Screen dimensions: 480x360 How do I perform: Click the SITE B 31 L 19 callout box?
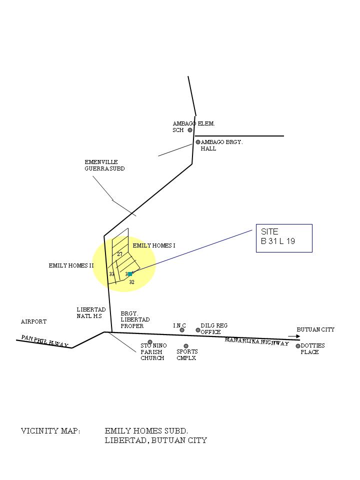click(284, 238)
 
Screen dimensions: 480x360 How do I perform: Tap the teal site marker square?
click(130, 274)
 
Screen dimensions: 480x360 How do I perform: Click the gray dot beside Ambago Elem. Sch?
click(190, 130)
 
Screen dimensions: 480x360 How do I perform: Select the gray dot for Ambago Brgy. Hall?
click(198, 142)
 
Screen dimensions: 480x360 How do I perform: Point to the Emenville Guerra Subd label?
click(104, 165)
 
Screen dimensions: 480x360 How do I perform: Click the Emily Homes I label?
click(154, 245)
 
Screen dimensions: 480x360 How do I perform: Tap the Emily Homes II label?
click(71, 265)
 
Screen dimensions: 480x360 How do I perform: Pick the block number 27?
click(120, 254)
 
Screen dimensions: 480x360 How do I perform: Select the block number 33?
click(112, 274)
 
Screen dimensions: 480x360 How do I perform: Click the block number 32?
click(132, 282)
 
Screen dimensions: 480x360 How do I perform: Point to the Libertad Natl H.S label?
click(91, 313)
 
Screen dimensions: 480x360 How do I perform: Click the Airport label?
click(33, 321)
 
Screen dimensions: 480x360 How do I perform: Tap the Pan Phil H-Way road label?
click(44, 341)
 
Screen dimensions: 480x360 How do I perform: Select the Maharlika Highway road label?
click(256, 342)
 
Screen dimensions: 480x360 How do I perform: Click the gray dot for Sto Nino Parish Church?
click(150, 342)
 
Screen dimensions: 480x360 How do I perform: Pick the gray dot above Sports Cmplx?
click(186, 346)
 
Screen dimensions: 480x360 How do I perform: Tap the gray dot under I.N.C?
click(182, 330)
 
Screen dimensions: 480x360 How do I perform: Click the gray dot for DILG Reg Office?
click(198, 330)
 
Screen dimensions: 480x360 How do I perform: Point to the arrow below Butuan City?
click(294, 336)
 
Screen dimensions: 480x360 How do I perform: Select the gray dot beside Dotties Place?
click(298, 346)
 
